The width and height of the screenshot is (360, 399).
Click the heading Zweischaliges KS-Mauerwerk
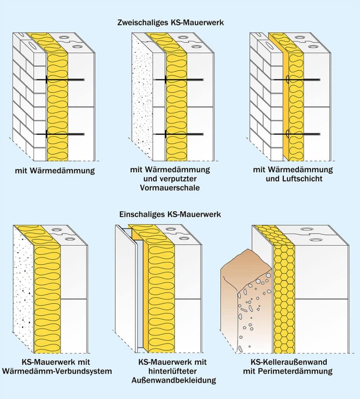tap(170, 23)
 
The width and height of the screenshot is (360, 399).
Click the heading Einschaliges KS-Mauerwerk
tap(170, 215)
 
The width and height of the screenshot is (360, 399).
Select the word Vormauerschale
tap(170, 188)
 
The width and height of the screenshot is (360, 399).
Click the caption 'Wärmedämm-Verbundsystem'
tap(57, 371)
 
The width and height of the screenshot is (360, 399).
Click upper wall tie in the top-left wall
tap(64, 80)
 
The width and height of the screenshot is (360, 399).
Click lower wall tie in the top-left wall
tap(64, 134)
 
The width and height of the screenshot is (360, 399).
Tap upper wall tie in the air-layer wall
tap(300, 80)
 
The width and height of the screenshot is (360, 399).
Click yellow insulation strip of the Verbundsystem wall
tap(47, 296)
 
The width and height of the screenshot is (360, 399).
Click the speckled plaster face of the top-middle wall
tap(142, 97)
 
